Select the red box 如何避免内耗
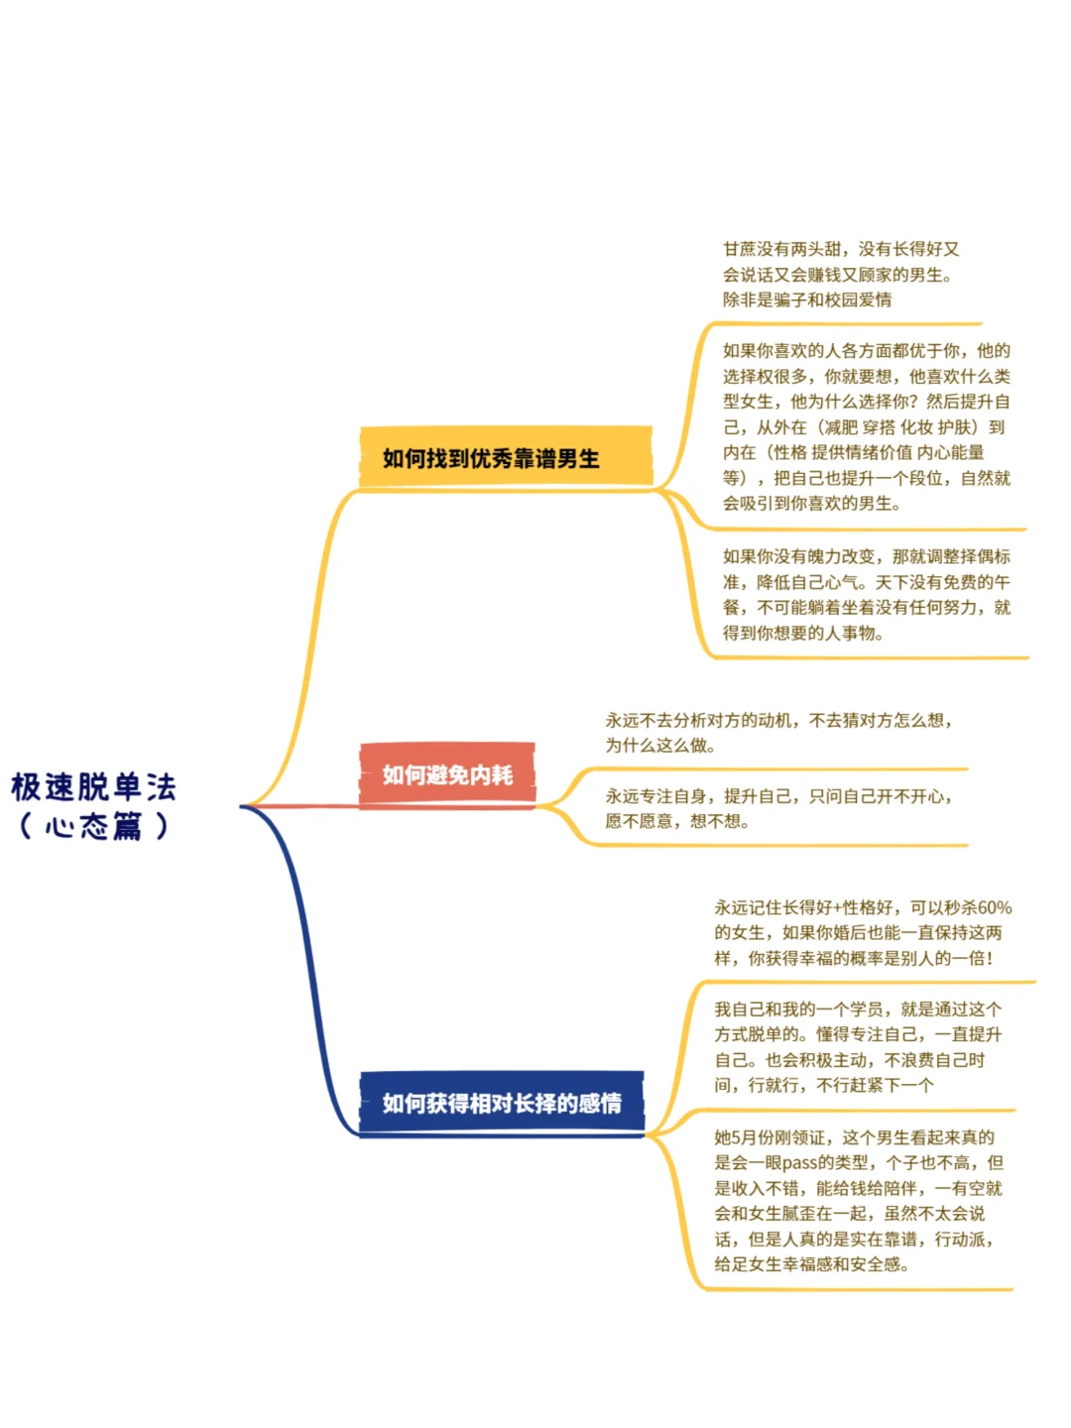[x=446, y=774]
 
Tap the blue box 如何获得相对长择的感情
[x=501, y=1103]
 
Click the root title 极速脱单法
[x=94, y=787]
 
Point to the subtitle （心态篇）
[x=94, y=826]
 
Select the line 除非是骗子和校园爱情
[x=807, y=299]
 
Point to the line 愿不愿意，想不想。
[x=677, y=821]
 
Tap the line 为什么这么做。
[x=660, y=746]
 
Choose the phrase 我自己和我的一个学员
[x=798, y=1010]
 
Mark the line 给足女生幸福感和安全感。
[x=811, y=1264]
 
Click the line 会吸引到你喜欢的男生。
[x=811, y=504]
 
